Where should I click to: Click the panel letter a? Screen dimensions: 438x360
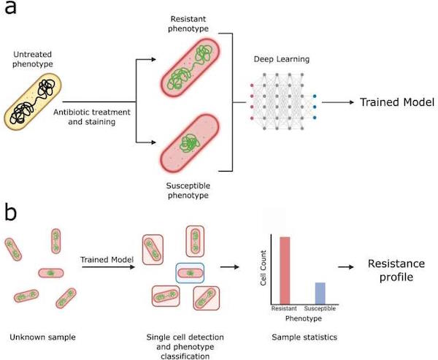[x=10, y=7]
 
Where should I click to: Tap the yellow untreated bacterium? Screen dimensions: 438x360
[x=32, y=102]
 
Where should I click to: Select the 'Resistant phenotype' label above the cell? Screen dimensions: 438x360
[x=188, y=24]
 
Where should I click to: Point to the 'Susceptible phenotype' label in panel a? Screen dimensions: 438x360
[x=188, y=191]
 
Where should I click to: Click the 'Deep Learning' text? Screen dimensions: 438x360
[x=282, y=59]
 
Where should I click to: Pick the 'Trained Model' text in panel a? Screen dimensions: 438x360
[x=397, y=102]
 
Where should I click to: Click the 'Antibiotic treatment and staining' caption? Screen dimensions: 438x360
[x=92, y=117]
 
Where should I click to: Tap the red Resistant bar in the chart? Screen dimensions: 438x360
[x=285, y=271]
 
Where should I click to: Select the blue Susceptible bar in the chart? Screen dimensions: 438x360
[x=320, y=294]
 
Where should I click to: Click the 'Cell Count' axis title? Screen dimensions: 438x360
[x=263, y=268]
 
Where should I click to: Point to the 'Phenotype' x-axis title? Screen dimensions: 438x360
[x=304, y=318]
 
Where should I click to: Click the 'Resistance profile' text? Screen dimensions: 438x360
[x=396, y=270]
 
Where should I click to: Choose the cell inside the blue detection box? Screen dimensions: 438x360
[x=190, y=273]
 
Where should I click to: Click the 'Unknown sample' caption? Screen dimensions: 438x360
[x=43, y=337]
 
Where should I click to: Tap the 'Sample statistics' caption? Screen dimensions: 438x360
[x=304, y=337]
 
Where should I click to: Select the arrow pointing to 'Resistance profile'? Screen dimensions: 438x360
[x=346, y=267]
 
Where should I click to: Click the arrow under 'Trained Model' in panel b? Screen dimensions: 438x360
[x=108, y=267]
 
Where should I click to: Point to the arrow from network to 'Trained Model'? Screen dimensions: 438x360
[x=338, y=102]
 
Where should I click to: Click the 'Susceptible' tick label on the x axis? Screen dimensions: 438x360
[x=320, y=308]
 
